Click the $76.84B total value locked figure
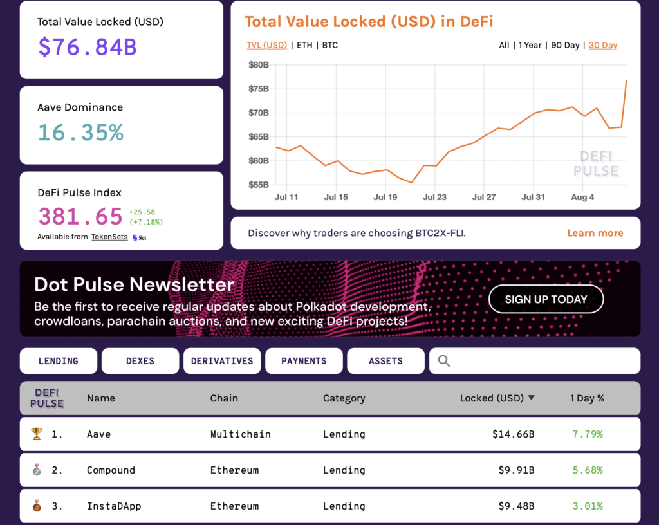coord(88,47)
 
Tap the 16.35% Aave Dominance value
coord(80,133)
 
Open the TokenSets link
coord(109,237)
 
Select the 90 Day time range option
coord(565,45)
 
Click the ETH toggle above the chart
coord(305,45)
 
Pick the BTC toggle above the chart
coord(329,45)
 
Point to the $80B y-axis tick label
coord(258,64)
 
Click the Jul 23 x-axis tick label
coord(434,198)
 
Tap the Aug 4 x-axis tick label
coord(582,198)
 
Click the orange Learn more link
coord(595,233)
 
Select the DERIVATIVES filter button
coord(222,361)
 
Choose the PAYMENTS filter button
coord(304,361)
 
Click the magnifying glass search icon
coord(444,361)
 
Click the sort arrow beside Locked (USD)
coord(531,398)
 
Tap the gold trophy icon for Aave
coord(37,434)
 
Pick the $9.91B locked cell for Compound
coord(516,470)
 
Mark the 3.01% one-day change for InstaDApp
coord(587,506)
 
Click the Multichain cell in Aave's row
coord(240,434)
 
